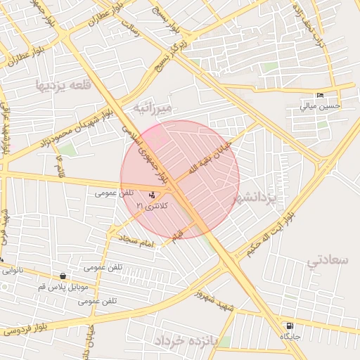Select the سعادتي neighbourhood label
tap(328, 260)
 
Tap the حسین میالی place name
tap(321, 107)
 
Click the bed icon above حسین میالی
tap(321, 96)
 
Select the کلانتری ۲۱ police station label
tap(153, 205)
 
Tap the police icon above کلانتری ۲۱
tap(153, 195)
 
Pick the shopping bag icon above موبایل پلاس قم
tap(64, 276)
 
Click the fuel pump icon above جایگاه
tap(289, 326)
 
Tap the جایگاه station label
tap(290, 337)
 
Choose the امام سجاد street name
tap(136, 241)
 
